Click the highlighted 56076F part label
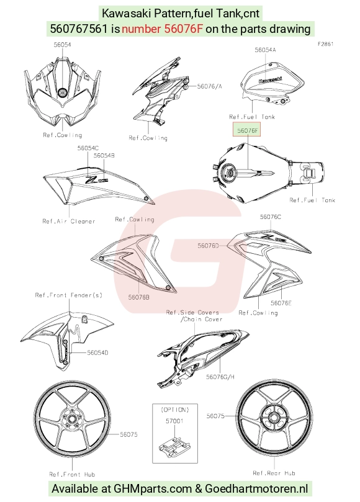point(247,130)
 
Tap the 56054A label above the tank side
point(265,50)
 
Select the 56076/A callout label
point(209,86)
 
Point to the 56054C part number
point(88,148)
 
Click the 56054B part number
point(104,155)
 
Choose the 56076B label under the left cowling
point(138,297)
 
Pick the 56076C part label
point(271,217)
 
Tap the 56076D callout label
point(208,246)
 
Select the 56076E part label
point(281,303)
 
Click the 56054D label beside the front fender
point(97,352)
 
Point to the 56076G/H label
point(220,377)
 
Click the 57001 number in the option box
point(174,421)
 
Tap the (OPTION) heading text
point(175,410)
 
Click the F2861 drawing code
point(326,44)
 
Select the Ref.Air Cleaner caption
point(69,221)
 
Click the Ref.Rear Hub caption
point(274,473)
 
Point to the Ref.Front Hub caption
point(72,474)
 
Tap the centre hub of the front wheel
point(72,419)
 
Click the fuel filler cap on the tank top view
point(229,170)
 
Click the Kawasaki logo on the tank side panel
point(271,79)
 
